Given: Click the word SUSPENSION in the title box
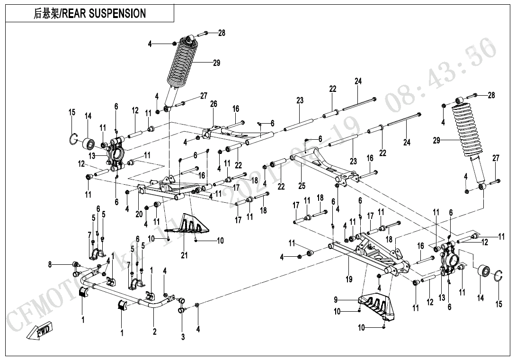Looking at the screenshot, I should click(x=117, y=13).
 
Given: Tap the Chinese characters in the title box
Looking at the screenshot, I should click(x=45, y=13).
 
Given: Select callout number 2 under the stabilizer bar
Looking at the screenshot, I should click(x=154, y=332).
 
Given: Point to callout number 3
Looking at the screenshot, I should click(x=183, y=337).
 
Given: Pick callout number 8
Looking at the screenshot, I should click(x=50, y=265).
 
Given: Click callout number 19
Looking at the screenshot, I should click(x=349, y=279).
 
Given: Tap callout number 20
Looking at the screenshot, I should click(x=139, y=214).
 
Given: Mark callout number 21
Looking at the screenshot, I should click(x=184, y=256).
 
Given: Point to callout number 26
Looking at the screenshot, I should click(x=214, y=104).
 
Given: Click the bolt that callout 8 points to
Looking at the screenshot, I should click(x=74, y=264).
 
